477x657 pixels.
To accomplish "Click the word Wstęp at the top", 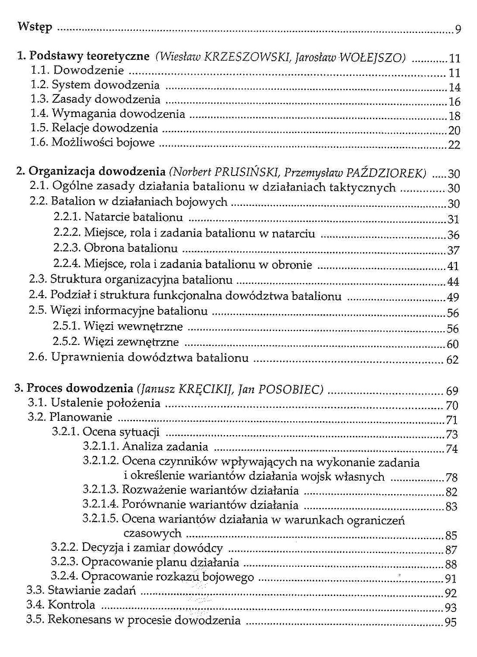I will (35, 27).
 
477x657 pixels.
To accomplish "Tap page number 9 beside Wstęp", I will (458, 30).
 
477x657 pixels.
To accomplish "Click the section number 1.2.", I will (40, 85).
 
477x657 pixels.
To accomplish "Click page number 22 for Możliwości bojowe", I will (454, 145).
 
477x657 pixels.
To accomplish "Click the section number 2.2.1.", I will (67, 217).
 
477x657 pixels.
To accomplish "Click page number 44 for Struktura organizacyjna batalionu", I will (453, 282).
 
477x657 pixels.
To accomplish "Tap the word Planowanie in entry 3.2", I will (81, 417).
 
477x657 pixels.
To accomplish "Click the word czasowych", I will (152, 533).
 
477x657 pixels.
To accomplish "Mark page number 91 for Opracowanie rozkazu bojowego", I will (451, 579).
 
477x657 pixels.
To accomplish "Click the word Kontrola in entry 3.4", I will (71, 605).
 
